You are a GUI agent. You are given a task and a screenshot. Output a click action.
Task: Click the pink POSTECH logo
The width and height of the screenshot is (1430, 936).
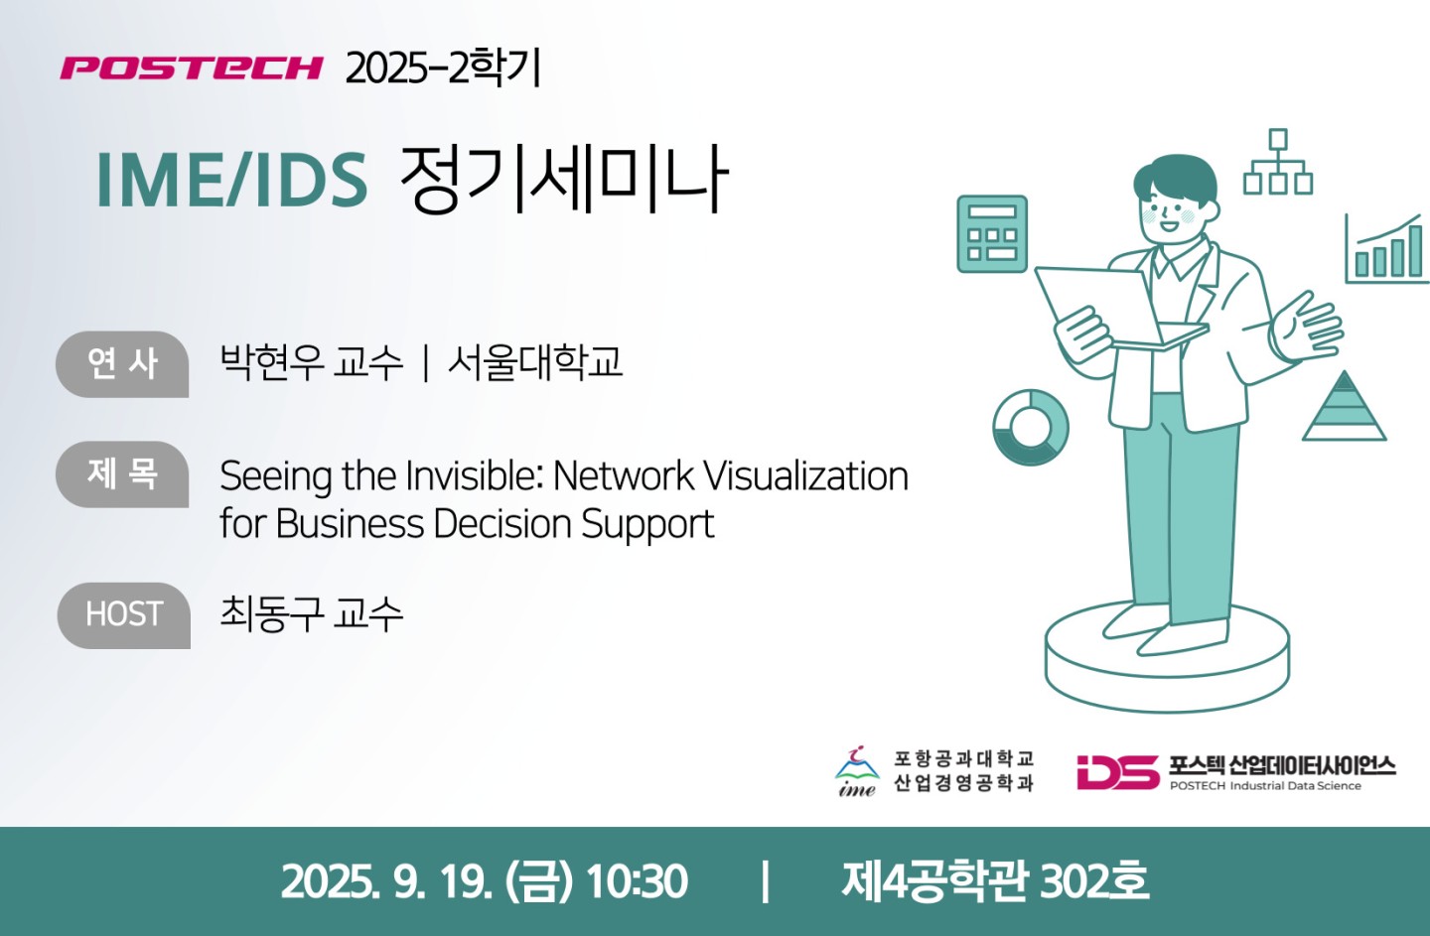[192, 67]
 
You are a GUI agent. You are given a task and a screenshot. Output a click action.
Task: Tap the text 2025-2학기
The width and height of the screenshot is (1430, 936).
[443, 68]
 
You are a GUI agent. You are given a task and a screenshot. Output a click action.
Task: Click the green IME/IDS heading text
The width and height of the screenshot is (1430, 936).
[231, 180]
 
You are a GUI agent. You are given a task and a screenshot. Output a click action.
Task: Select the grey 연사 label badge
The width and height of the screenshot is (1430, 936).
[122, 364]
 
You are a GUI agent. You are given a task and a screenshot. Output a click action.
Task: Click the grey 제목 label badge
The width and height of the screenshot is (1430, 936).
[122, 474]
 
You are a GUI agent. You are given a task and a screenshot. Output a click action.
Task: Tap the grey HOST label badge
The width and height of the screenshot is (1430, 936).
[124, 615]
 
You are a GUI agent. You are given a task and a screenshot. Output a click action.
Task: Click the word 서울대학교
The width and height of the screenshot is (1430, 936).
[535, 362]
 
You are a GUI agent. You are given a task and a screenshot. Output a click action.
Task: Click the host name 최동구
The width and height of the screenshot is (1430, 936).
[271, 613]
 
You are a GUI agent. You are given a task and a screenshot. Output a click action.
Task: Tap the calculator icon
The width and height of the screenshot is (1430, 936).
[992, 233]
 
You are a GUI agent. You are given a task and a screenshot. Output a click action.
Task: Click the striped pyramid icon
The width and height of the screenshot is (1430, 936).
[1344, 406]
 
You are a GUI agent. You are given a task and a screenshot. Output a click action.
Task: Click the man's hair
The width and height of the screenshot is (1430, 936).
[1175, 177]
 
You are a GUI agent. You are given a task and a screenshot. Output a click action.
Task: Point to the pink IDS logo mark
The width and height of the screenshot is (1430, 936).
[1118, 772]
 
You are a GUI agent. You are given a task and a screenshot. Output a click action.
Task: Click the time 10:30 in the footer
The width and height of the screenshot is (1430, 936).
[637, 882]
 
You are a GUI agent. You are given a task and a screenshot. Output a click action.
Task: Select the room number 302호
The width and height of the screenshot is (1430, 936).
[1094, 881]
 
